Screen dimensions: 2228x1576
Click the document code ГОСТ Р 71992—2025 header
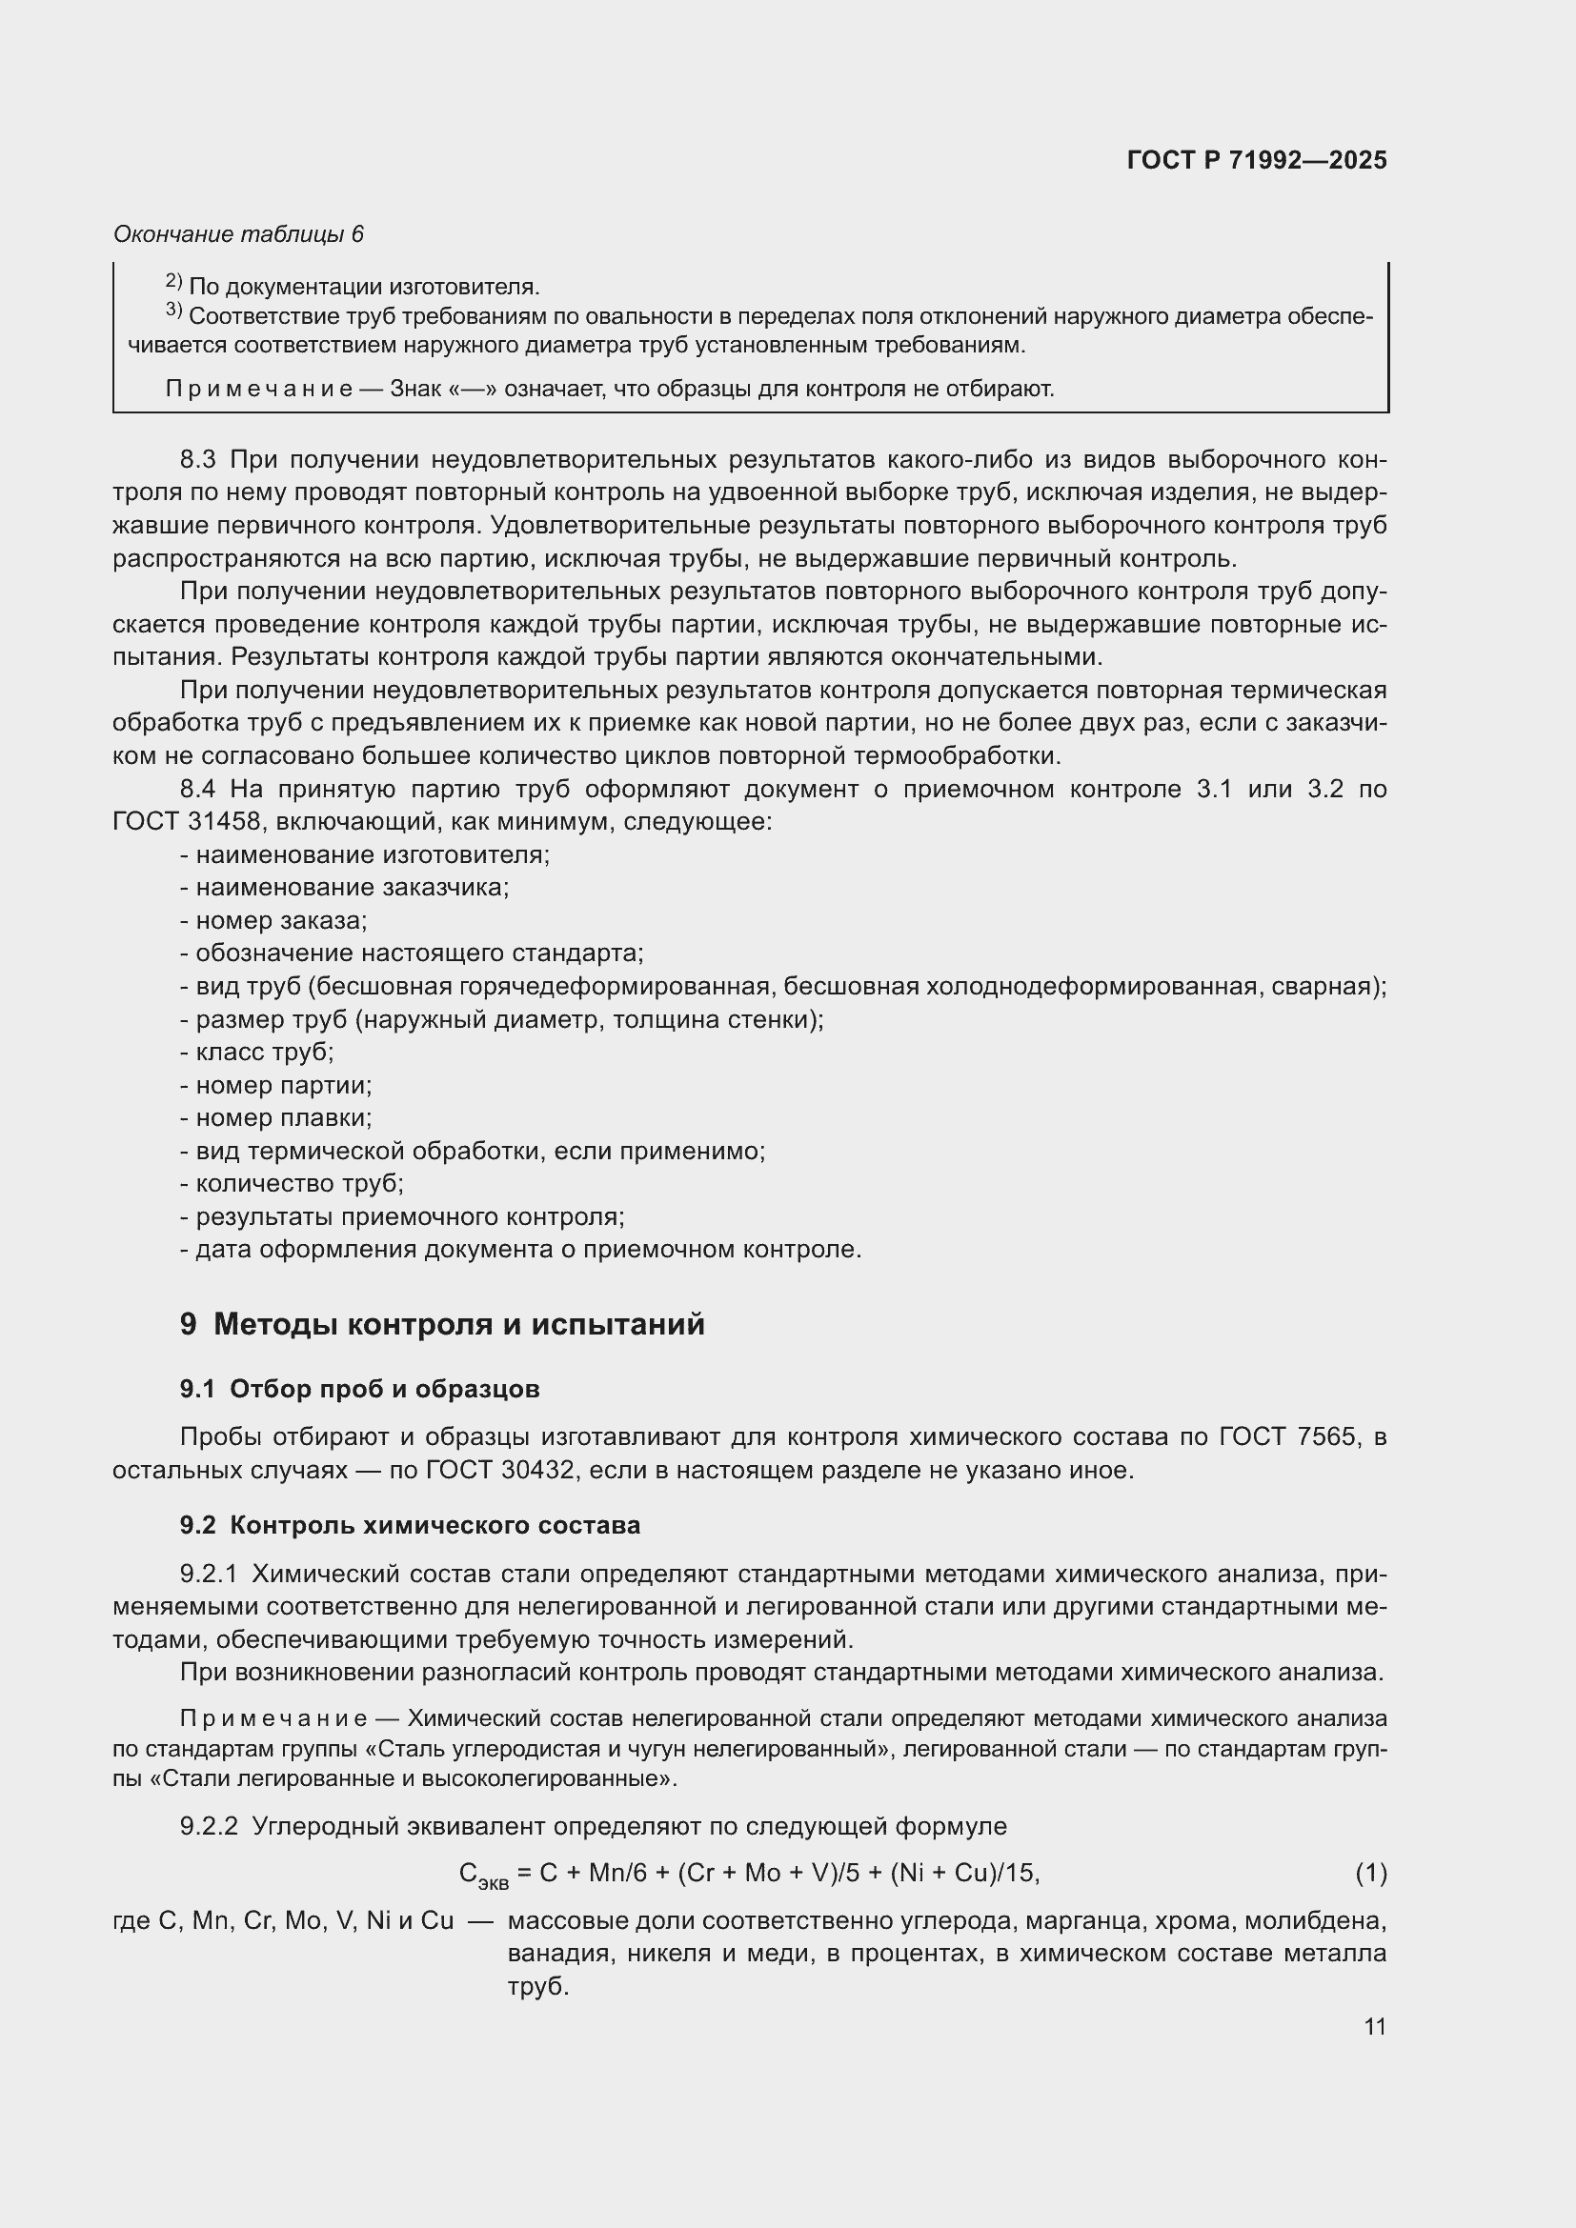coord(1257,161)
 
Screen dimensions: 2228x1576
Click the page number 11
coord(1374,2027)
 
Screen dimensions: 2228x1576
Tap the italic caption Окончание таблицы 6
coord(238,234)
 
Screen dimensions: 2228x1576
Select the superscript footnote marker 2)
coord(173,281)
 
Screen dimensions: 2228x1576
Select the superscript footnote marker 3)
coord(173,311)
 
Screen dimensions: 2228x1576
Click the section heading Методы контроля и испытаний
coord(458,1325)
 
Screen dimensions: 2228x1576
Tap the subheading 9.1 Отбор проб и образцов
coord(359,1390)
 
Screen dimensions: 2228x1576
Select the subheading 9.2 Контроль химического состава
coord(410,1525)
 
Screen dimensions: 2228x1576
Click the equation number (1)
coord(1370,1873)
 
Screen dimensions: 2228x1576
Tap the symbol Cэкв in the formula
coord(482,1875)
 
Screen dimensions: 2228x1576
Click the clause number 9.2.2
coord(209,1826)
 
